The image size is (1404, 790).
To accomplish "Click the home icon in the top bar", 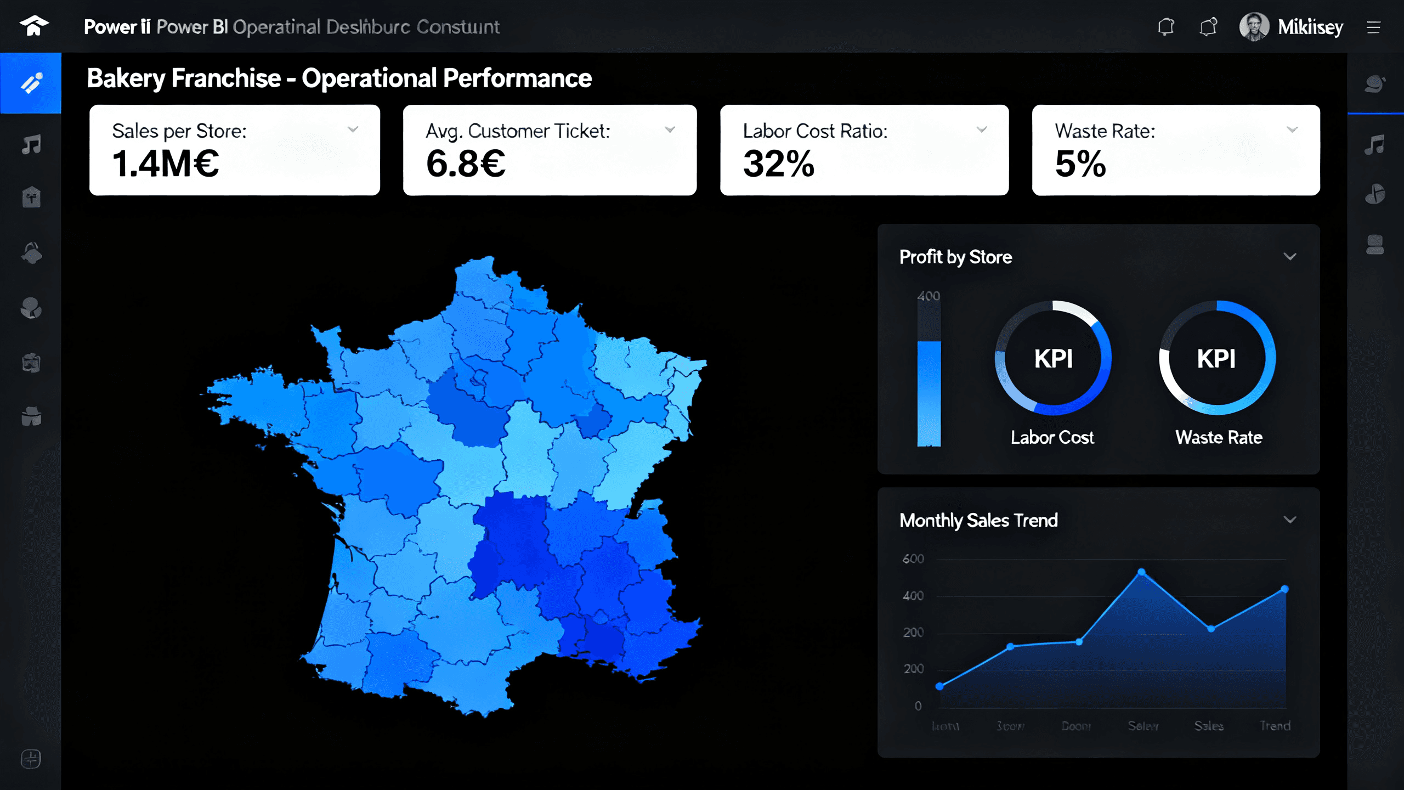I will (34, 26).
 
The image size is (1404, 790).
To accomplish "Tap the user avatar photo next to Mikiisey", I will (1254, 26).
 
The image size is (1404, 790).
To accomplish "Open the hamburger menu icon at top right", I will (1373, 27).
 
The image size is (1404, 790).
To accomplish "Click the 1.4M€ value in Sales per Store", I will (165, 164).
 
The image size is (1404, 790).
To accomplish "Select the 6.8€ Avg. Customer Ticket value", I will (466, 164).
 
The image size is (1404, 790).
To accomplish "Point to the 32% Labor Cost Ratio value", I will (778, 164).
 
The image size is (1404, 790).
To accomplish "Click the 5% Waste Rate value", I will (1080, 164).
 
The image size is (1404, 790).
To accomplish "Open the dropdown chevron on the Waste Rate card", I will (1292, 130).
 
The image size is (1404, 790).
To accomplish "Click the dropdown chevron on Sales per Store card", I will (353, 130).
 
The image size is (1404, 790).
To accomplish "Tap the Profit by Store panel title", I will (955, 257).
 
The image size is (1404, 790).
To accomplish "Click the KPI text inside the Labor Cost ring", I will (1053, 359).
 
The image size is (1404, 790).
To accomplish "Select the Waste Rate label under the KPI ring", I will (1219, 437).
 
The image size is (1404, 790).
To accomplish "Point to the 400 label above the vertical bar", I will (929, 296).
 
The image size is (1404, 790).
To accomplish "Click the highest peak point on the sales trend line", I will (1141, 572).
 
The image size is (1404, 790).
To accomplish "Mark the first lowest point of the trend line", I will (939, 686).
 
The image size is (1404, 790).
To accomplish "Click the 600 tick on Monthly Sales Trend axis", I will (913, 559).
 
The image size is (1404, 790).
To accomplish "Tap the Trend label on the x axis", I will (1275, 726).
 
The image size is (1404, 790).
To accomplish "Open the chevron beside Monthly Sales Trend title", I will (1290, 520).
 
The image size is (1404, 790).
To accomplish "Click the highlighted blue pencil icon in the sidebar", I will (31, 83).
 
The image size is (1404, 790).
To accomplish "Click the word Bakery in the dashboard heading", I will (126, 78).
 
